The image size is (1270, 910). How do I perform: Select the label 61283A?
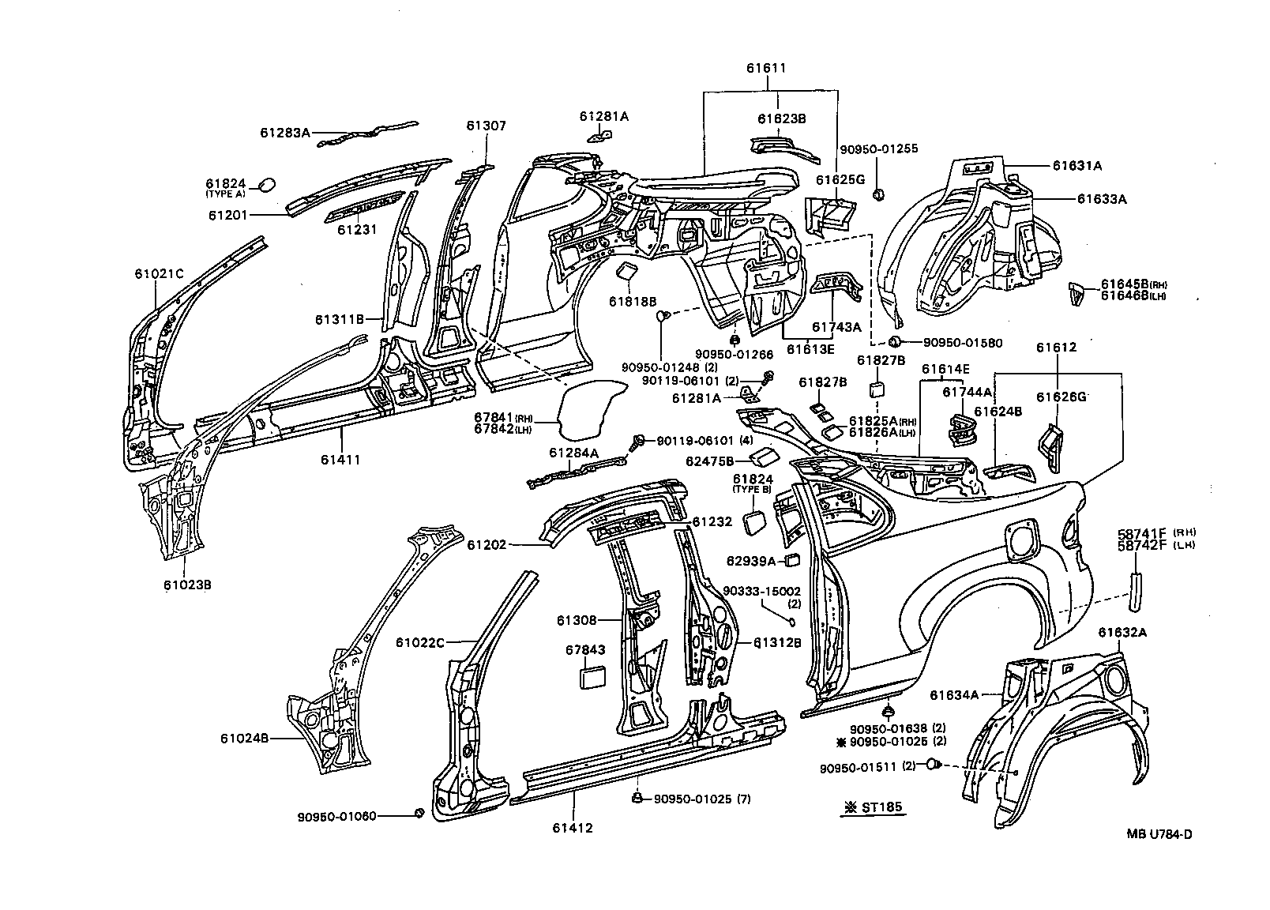tap(285, 133)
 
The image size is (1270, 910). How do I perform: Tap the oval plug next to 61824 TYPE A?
tap(267, 184)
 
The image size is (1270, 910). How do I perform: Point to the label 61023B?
tap(187, 585)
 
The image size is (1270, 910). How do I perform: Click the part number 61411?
tap(340, 459)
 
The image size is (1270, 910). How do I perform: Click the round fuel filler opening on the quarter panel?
tap(1020, 542)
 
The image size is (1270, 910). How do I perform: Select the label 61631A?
tap(1076, 166)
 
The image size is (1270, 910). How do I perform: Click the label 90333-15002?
tap(762, 591)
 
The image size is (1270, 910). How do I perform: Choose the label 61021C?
tap(159, 274)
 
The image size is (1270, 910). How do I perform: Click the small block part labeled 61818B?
tap(628, 272)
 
